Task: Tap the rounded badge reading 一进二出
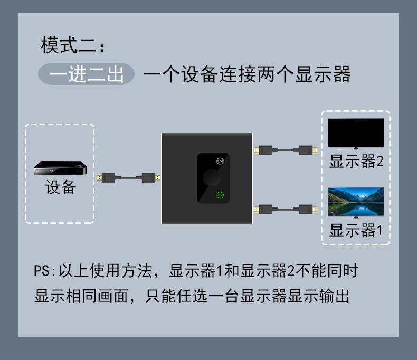click(87, 74)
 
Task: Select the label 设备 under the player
click(61, 187)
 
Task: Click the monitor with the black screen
click(356, 133)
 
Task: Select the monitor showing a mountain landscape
click(356, 202)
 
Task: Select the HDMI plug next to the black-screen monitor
click(307, 150)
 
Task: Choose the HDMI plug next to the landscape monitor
click(307, 209)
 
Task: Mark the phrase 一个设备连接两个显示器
click(247, 74)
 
